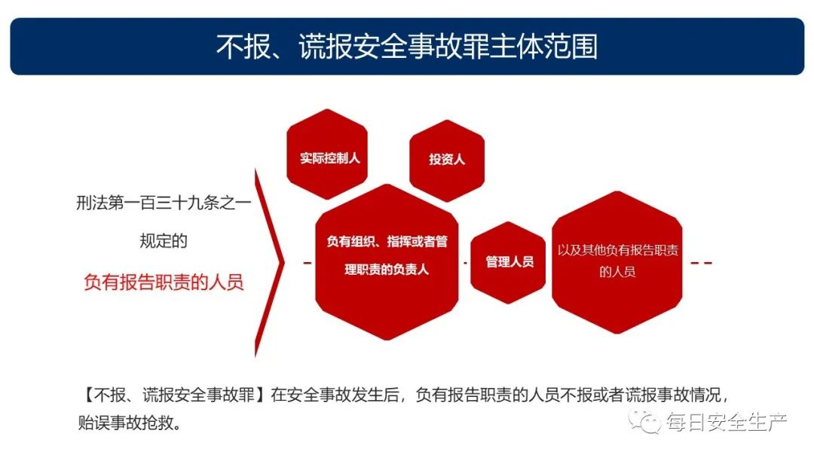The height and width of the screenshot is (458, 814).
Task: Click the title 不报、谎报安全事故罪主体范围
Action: pos(406,47)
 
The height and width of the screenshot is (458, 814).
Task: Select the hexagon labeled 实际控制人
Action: pos(327,154)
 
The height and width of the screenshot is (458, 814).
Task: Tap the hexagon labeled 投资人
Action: pos(447,160)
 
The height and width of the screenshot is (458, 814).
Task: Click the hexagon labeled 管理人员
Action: pos(508,262)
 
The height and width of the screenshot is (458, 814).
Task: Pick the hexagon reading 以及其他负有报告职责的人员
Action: pos(617,262)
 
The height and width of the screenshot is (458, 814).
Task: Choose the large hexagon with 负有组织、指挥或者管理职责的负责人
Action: pos(387,262)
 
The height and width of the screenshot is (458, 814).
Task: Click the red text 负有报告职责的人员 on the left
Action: pos(164,282)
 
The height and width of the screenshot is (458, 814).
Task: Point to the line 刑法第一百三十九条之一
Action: pos(164,203)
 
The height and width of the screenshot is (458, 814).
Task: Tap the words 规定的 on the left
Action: pos(164,241)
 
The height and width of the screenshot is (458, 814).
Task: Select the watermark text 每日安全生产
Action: pos(727,422)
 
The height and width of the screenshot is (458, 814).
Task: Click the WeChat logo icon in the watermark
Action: pos(644,421)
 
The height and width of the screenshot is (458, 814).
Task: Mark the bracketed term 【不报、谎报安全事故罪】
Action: pos(174,395)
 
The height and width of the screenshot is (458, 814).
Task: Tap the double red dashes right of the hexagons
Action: pos(702,263)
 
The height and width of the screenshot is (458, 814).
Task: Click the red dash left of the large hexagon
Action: pos(308,263)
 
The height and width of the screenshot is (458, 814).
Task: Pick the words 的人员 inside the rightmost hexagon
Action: pos(617,271)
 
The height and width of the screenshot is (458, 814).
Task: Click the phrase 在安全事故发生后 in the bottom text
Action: pos(335,395)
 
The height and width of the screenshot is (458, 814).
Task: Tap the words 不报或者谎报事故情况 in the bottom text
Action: pos(641,395)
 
